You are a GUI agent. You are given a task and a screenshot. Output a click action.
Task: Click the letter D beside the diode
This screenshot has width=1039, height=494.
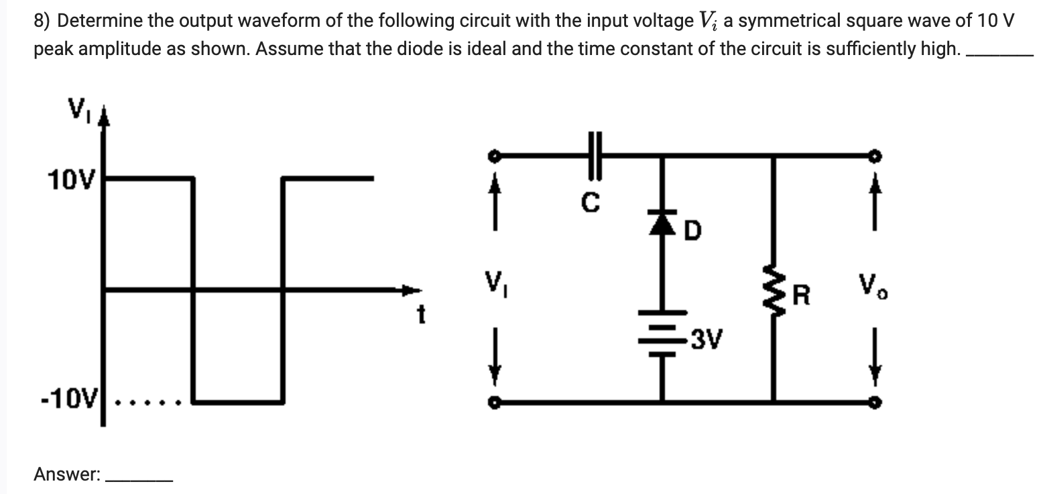[x=694, y=233]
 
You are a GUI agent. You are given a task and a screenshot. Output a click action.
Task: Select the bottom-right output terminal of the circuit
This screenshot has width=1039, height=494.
[x=875, y=403]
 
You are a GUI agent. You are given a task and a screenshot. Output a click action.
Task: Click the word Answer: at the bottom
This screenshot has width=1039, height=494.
[x=67, y=475]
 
